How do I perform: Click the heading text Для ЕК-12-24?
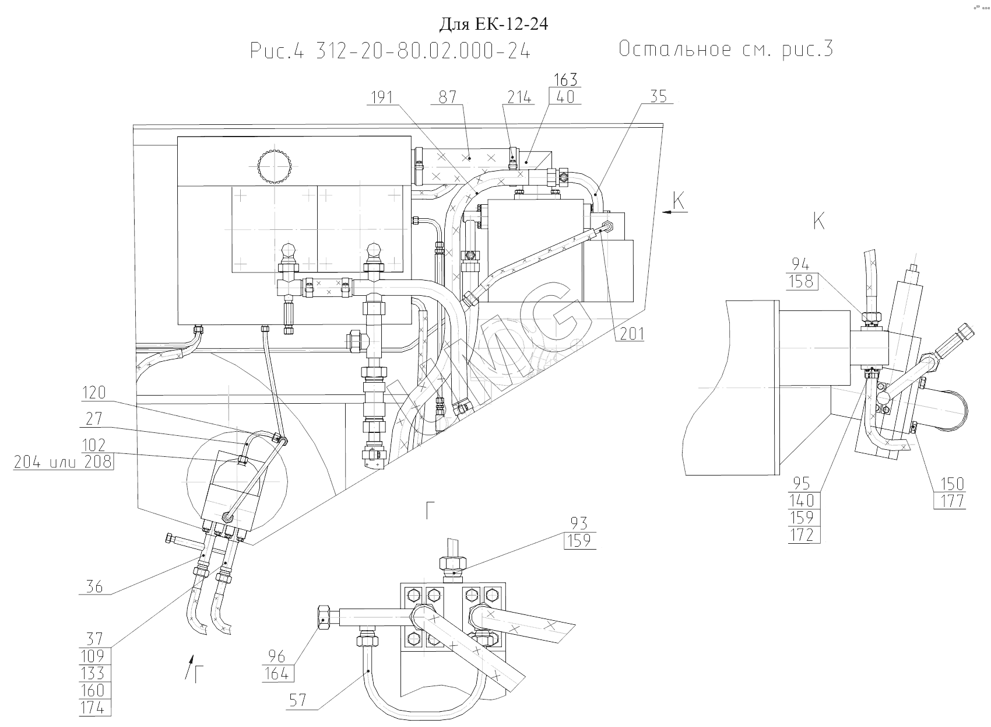493,24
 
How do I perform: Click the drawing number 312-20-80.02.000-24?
423,51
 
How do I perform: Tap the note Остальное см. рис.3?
726,48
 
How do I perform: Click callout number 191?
382,97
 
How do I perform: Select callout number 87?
447,97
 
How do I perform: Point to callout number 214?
519,97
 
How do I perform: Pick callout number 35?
659,96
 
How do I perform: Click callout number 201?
632,333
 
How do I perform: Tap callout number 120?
94,393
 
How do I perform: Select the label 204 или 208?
63,462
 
